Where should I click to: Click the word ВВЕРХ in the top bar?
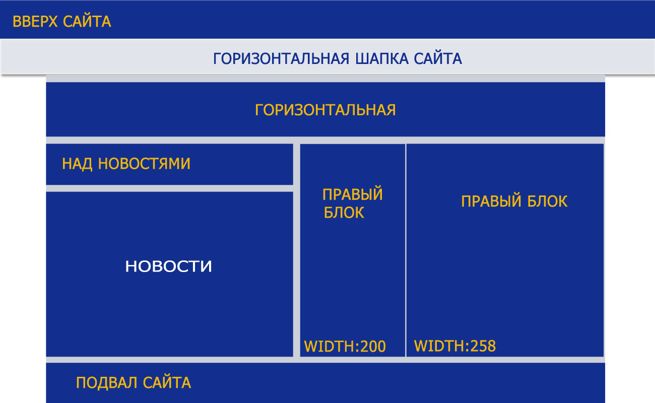point(35,22)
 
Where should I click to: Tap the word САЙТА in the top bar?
point(87,21)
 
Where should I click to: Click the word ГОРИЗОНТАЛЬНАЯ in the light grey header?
point(281,58)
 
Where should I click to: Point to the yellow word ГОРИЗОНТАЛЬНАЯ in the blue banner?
point(325,110)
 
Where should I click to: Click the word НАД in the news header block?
point(77,164)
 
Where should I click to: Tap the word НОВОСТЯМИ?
point(144,164)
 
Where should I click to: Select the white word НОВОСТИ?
point(168,266)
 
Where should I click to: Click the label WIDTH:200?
point(345,346)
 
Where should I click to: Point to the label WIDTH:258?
point(455,346)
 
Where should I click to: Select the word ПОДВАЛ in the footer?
point(106,383)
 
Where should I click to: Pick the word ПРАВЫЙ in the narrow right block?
point(352,194)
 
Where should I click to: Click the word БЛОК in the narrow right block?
point(344,213)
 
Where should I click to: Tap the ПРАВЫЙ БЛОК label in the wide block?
point(514,201)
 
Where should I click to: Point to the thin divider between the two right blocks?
point(406,250)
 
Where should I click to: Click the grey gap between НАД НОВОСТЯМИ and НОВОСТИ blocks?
point(170,188)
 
